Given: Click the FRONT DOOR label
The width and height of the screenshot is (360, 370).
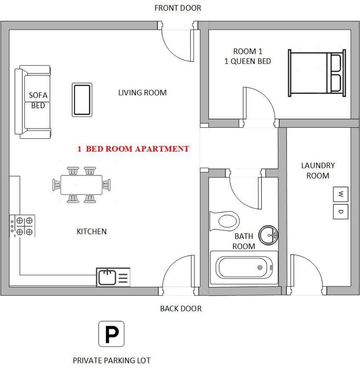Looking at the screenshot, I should [177, 8].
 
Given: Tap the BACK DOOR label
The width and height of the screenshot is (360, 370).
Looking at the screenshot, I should [180, 308].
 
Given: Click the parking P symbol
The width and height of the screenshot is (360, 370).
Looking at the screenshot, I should [111, 334].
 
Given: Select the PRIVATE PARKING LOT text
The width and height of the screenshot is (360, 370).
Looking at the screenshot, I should [111, 360].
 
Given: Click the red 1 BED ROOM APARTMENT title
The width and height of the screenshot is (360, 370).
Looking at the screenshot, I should [133, 149].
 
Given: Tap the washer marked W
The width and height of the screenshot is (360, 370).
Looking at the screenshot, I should [340, 195].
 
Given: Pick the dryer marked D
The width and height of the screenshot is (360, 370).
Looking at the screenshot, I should [340, 212].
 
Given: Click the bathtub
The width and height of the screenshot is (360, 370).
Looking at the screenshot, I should [244, 268].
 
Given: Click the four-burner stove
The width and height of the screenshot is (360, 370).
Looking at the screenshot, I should [23, 226].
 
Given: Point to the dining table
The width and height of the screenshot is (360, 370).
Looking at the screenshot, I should [81, 185].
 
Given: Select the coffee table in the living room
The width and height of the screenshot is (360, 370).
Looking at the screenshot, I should [82, 100].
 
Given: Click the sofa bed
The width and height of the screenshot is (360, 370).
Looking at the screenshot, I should [33, 102].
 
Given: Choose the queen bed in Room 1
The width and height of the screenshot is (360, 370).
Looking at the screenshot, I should [317, 72].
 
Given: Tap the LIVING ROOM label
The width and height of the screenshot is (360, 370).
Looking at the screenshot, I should [142, 92].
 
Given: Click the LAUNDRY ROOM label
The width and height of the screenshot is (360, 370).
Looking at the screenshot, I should [318, 170].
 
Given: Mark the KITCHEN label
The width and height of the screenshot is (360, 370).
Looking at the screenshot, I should [91, 232].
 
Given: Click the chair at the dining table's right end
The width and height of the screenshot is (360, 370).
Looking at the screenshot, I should [106, 185].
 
